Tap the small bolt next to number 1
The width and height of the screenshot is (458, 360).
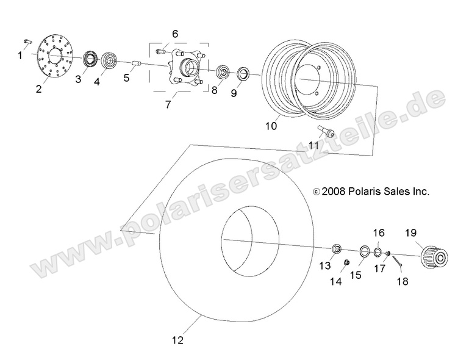(x=27, y=41)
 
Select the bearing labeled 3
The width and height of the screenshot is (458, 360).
(x=91, y=59)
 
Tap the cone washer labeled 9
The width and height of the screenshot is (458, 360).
(x=243, y=74)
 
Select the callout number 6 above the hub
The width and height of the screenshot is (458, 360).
(x=175, y=34)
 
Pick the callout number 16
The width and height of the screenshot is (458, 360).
(x=378, y=233)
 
